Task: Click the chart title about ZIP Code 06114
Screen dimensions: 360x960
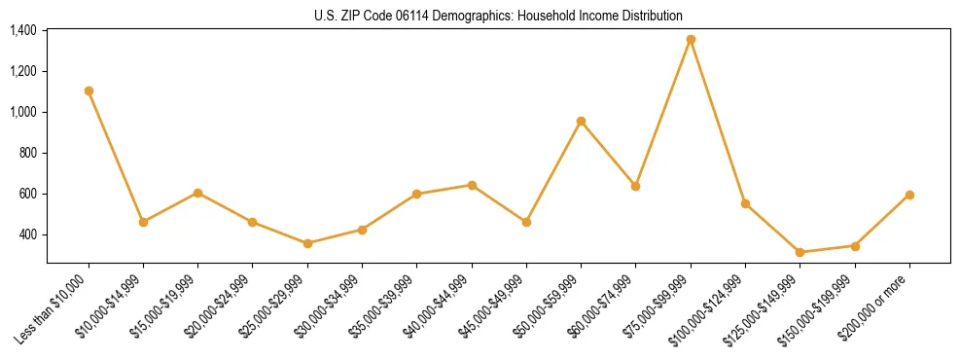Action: (x=498, y=16)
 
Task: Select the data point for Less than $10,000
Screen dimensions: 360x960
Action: (x=89, y=90)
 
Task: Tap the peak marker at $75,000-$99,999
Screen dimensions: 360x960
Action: (x=691, y=39)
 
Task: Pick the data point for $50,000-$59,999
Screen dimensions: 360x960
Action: (x=581, y=121)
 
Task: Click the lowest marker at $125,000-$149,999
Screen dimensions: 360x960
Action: (x=800, y=252)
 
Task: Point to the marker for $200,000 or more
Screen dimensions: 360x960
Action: (x=909, y=195)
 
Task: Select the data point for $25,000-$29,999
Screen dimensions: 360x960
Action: (x=307, y=243)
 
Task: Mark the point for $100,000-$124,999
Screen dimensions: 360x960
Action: (x=745, y=203)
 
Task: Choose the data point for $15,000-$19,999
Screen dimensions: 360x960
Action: (x=197, y=193)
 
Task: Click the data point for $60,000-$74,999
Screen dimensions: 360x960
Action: (x=635, y=186)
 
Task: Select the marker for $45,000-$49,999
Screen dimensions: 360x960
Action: (x=526, y=222)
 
